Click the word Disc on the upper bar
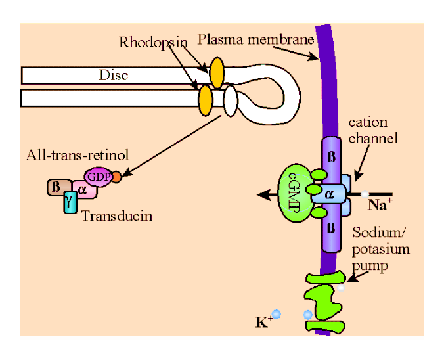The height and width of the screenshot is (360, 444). (114, 75)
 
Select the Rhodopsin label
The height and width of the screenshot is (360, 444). (153, 43)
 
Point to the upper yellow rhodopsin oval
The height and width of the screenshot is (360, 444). (216, 70)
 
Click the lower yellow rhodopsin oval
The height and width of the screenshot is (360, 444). (205, 100)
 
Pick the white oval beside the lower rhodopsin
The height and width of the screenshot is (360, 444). (230, 102)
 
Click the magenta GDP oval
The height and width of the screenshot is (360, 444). (98, 177)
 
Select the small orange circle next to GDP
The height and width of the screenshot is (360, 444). (116, 177)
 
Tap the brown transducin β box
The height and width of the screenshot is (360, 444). (55, 188)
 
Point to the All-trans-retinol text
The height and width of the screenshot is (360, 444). (78, 156)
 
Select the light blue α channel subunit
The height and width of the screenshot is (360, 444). (330, 194)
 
